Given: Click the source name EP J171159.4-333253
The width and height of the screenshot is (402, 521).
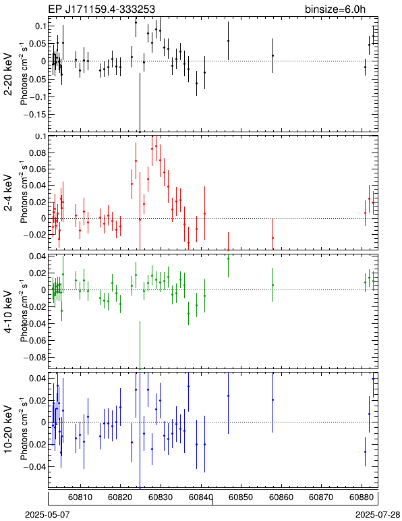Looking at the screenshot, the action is [102, 9].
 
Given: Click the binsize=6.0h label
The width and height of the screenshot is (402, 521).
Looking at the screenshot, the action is [335, 9].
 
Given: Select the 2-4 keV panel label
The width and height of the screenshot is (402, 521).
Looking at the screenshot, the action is [8, 193].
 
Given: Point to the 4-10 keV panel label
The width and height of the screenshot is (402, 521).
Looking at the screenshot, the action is [8, 312].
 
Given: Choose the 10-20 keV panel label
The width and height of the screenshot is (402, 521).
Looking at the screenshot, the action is [8, 429].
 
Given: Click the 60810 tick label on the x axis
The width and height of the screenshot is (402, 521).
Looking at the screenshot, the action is [80, 497].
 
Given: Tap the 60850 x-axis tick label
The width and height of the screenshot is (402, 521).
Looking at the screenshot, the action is [241, 497].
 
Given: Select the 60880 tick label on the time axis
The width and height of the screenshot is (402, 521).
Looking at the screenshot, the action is [362, 497].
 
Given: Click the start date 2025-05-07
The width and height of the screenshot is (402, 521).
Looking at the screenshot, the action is [48, 515].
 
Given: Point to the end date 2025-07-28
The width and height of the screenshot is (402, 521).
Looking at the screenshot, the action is [378, 515].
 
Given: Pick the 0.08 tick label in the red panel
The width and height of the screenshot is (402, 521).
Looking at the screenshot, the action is [38, 153].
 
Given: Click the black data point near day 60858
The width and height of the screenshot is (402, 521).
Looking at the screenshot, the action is [273, 55].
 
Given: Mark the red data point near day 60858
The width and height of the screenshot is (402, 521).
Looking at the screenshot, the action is [273, 238].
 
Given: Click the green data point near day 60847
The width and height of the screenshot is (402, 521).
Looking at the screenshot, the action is [229, 258].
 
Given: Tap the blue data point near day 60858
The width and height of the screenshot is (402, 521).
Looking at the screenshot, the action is [273, 400].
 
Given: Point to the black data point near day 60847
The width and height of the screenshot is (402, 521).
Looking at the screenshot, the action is [229, 40].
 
